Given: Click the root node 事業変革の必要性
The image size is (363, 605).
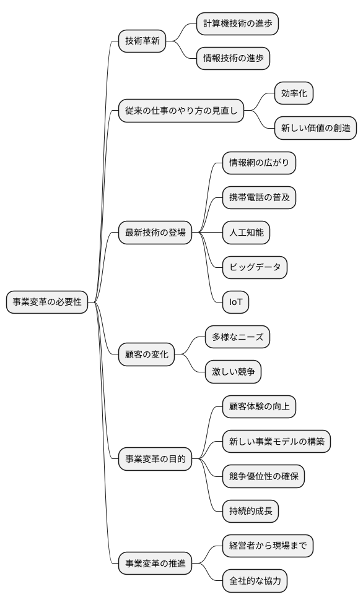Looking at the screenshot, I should click(x=46, y=302).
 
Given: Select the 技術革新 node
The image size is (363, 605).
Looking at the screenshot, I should click(x=142, y=41).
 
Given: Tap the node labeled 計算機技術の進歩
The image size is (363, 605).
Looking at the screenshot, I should click(x=237, y=24).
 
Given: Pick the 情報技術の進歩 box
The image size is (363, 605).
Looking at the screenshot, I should click(x=233, y=59).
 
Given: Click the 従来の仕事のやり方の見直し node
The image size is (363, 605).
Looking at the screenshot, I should click(x=181, y=111).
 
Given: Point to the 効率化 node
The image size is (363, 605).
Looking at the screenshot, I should click(x=294, y=93).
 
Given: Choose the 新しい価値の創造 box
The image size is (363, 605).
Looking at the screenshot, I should click(x=316, y=128).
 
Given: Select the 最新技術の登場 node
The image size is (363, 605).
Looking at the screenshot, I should click(x=155, y=233).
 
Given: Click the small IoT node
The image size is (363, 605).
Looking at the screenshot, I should click(x=235, y=302).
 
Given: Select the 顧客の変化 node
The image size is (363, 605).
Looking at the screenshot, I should click(x=146, y=355).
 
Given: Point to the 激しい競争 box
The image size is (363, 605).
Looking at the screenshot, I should click(x=233, y=372).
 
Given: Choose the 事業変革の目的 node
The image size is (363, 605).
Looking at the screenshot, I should click(x=155, y=459).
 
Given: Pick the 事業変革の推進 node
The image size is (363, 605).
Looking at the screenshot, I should click(x=155, y=563).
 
